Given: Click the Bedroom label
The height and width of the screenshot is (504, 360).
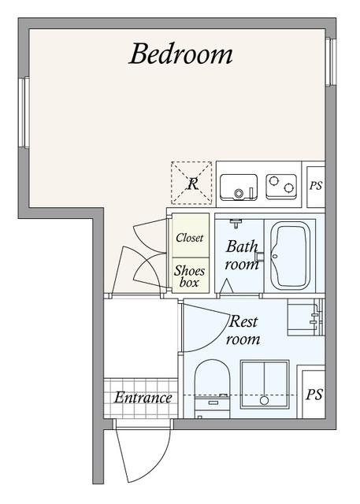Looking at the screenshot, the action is pyautogui.click(x=180, y=54).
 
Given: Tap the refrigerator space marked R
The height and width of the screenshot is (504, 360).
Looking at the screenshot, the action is pyautogui.click(x=191, y=183).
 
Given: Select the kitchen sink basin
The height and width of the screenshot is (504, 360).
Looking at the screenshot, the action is pyautogui.click(x=239, y=187).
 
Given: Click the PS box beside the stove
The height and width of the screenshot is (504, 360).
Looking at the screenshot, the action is pyautogui.click(x=316, y=187).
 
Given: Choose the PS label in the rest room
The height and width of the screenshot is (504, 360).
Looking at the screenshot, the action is pyautogui.click(x=314, y=395).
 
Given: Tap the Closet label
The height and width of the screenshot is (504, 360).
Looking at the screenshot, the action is pyautogui.click(x=190, y=238).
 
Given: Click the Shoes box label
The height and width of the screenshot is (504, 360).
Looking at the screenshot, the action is pyautogui.click(x=189, y=276).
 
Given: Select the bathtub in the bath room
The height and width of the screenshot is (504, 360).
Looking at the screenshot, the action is pyautogui.click(x=290, y=256).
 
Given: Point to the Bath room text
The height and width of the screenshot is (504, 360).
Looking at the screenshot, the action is pyautogui.click(x=242, y=255).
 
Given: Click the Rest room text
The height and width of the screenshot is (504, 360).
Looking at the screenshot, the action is pyautogui.click(x=243, y=330).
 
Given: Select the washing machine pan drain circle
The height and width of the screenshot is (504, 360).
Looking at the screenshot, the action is pyautogui.click(x=264, y=401).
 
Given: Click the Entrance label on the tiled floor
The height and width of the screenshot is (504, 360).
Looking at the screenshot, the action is pyautogui.click(x=143, y=398).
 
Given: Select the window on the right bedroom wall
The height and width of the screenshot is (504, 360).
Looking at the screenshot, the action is pyautogui.click(x=330, y=61).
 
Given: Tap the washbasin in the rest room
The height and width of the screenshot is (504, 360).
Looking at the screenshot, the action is pyautogui.click(x=306, y=317).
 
